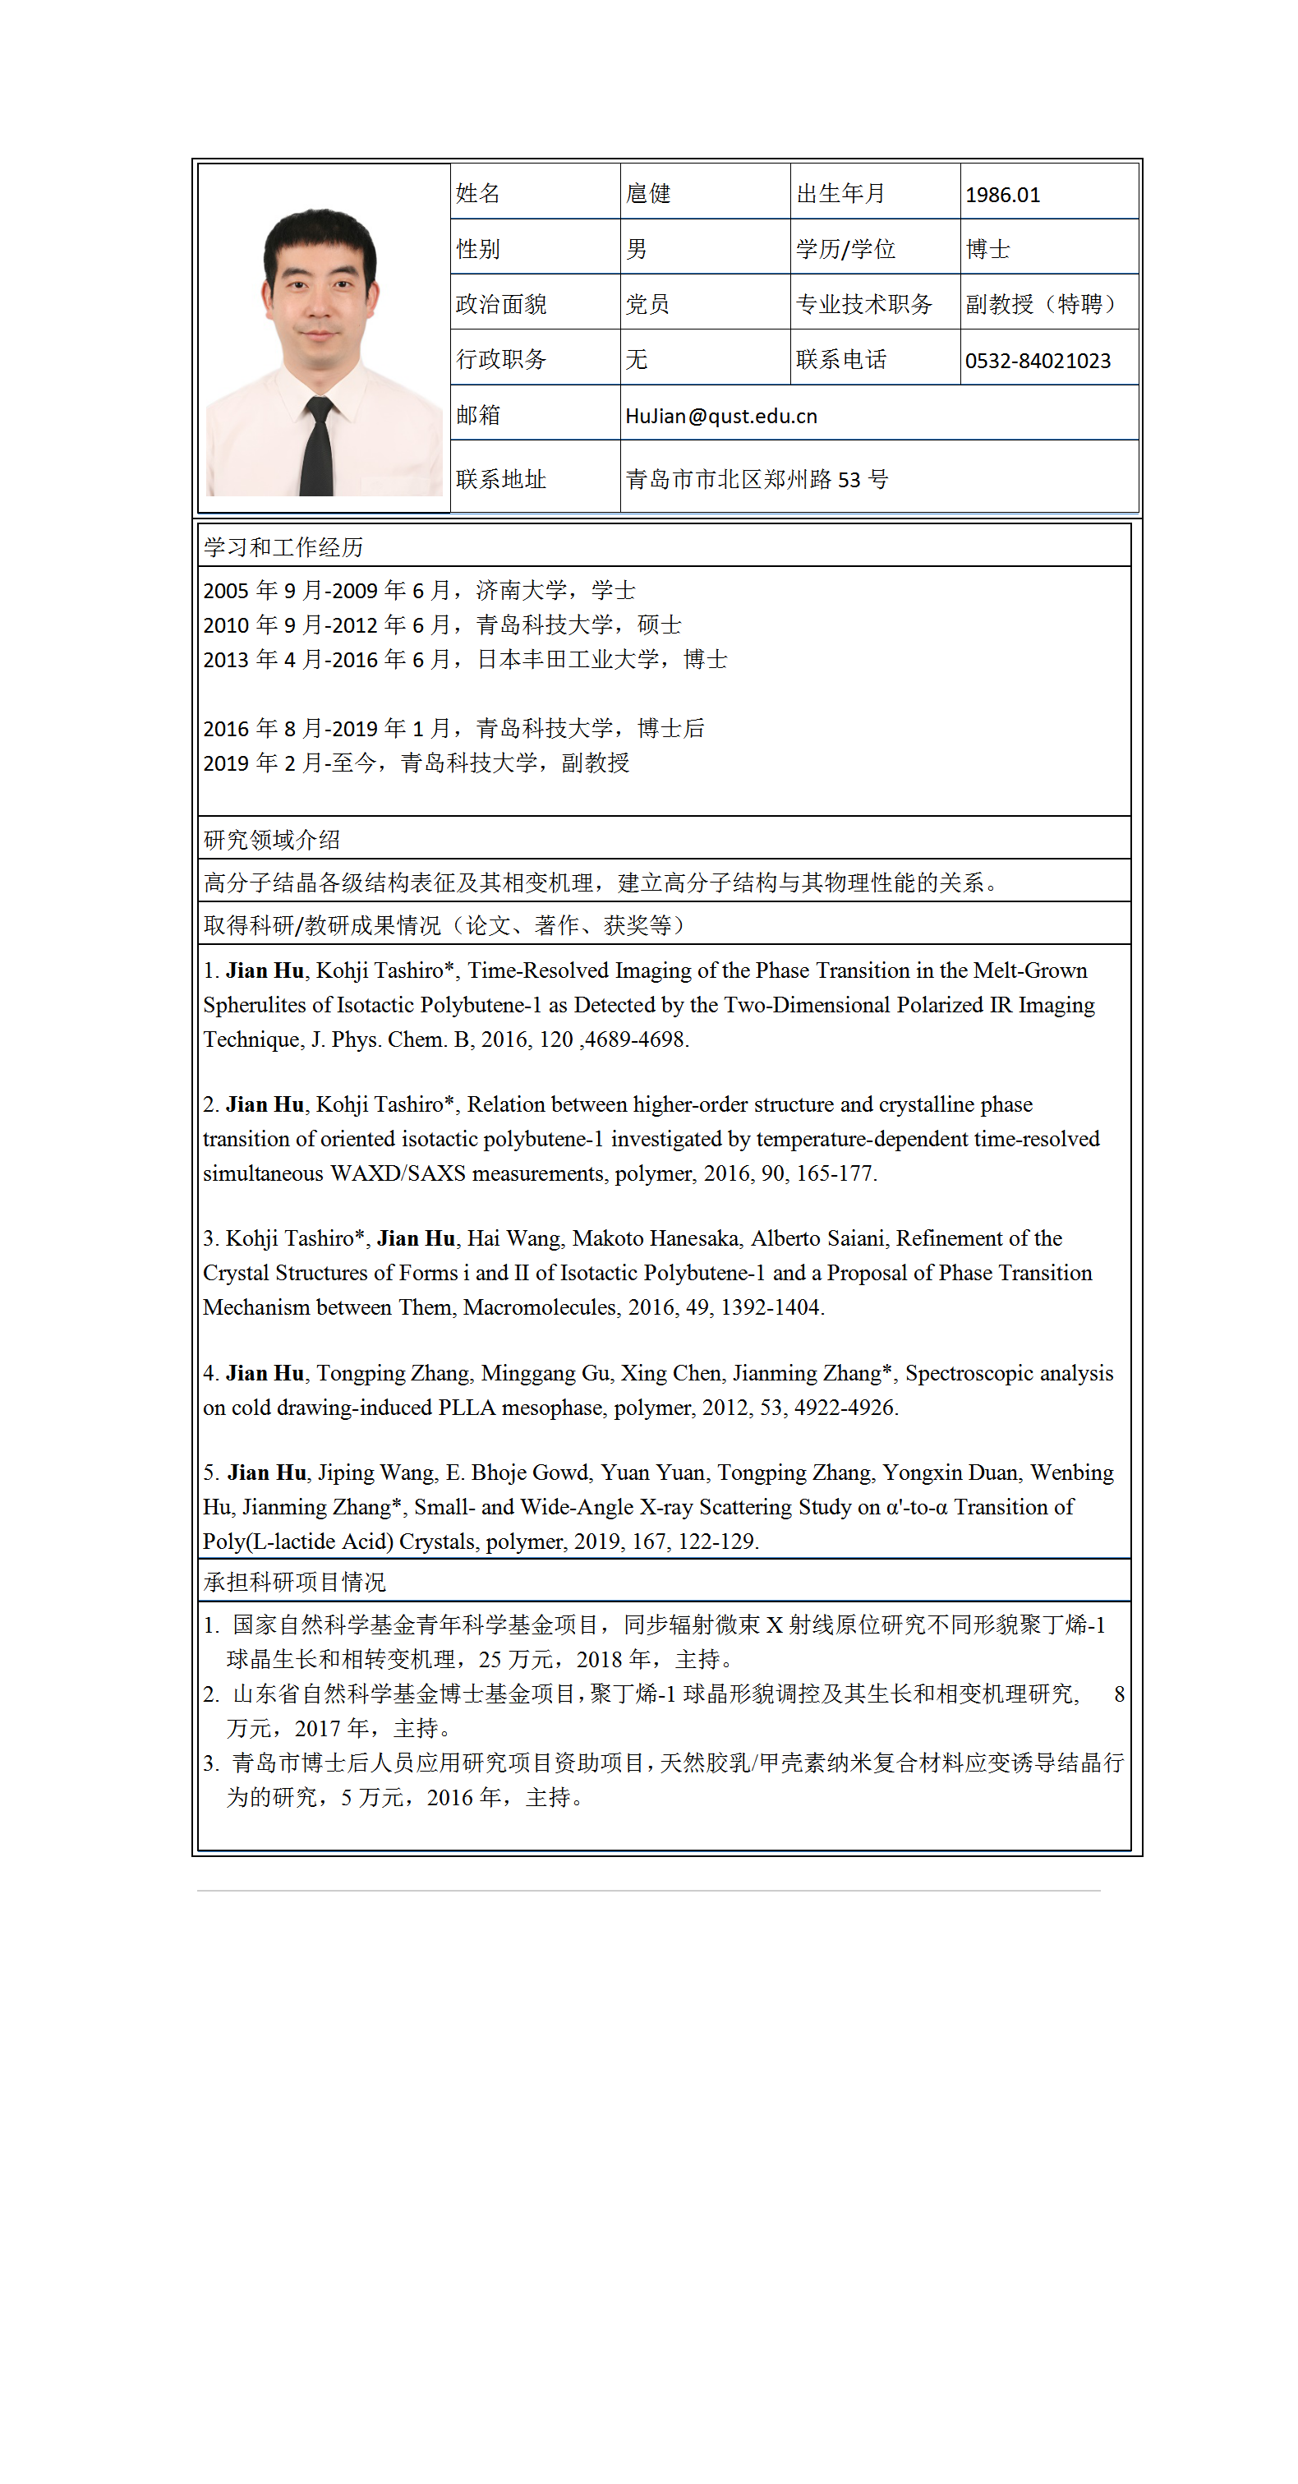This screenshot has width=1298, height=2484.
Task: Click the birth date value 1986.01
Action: (x=1002, y=195)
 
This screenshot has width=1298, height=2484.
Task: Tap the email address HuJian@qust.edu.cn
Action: (x=720, y=416)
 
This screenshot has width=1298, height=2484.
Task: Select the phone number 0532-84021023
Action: (x=1037, y=361)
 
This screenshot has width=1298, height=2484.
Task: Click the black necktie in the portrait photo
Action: (x=316, y=449)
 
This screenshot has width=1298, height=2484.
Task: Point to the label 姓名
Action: (x=477, y=194)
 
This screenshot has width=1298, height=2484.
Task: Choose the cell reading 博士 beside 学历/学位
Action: (x=987, y=250)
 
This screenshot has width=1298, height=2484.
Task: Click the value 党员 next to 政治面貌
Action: (x=647, y=305)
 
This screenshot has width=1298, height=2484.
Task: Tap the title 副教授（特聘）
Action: (x=1042, y=305)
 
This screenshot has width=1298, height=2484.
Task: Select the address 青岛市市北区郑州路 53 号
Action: (x=756, y=479)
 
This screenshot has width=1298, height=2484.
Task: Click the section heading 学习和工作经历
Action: (x=283, y=548)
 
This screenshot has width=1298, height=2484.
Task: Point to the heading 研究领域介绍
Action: (x=271, y=840)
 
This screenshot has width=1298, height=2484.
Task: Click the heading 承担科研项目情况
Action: (x=294, y=1582)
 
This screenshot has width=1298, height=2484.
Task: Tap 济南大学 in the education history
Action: (x=521, y=590)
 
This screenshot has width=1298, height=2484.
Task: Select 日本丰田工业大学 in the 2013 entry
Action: (x=568, y=660)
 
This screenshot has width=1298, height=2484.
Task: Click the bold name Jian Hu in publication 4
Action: (x=265, y=1373)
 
